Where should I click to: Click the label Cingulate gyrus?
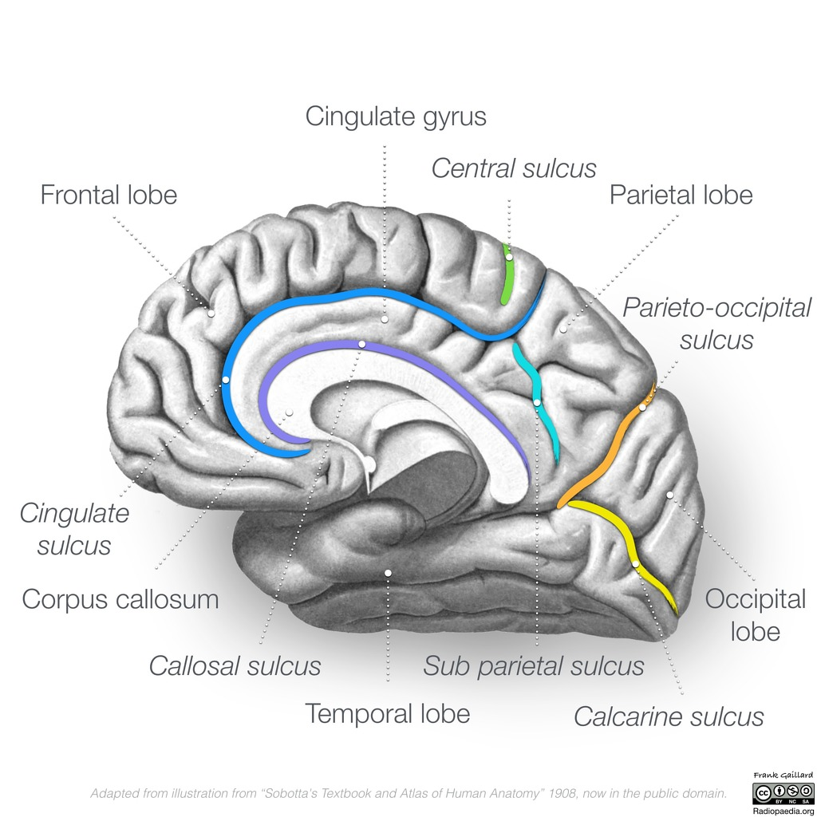[396, 116]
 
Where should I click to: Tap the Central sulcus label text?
[514, 168]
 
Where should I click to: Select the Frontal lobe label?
[109, 195]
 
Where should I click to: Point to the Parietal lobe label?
[681, 195]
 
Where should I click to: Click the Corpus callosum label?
[120, 599]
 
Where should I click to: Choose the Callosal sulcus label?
[235, 666]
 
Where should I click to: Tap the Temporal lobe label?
[387, 713]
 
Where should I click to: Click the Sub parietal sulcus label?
[534, 666]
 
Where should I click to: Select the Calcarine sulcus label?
[669, 716]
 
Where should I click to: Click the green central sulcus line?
[507, 274]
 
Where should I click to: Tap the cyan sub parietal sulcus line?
[537, 401]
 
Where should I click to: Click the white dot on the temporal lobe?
[388, 573]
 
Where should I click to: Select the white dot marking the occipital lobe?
[669, 495]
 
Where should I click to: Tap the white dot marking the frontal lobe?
[211, 313]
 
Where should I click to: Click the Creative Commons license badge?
[783, 794]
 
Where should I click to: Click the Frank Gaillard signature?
[783, 776]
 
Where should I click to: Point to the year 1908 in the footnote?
[561, 794]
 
